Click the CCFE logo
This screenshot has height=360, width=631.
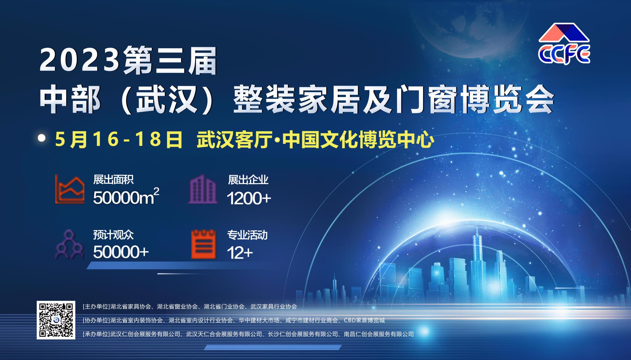[564, 44]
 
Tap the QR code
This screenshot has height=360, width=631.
[56, 320]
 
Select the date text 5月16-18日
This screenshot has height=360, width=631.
[119, 140]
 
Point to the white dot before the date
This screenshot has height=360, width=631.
[42, 138]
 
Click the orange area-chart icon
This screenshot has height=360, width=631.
[70, 189]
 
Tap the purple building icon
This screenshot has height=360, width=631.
[203, 189]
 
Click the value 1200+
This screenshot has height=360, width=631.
[249, 198]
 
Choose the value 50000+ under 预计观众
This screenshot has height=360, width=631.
[121, 252]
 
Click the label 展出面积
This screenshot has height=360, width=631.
[113, 180]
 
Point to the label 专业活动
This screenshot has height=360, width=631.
[247, 235]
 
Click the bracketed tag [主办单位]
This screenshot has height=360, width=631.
[96, 306]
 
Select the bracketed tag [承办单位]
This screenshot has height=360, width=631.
[96, 334]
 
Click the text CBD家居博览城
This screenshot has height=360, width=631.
[364, 320]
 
